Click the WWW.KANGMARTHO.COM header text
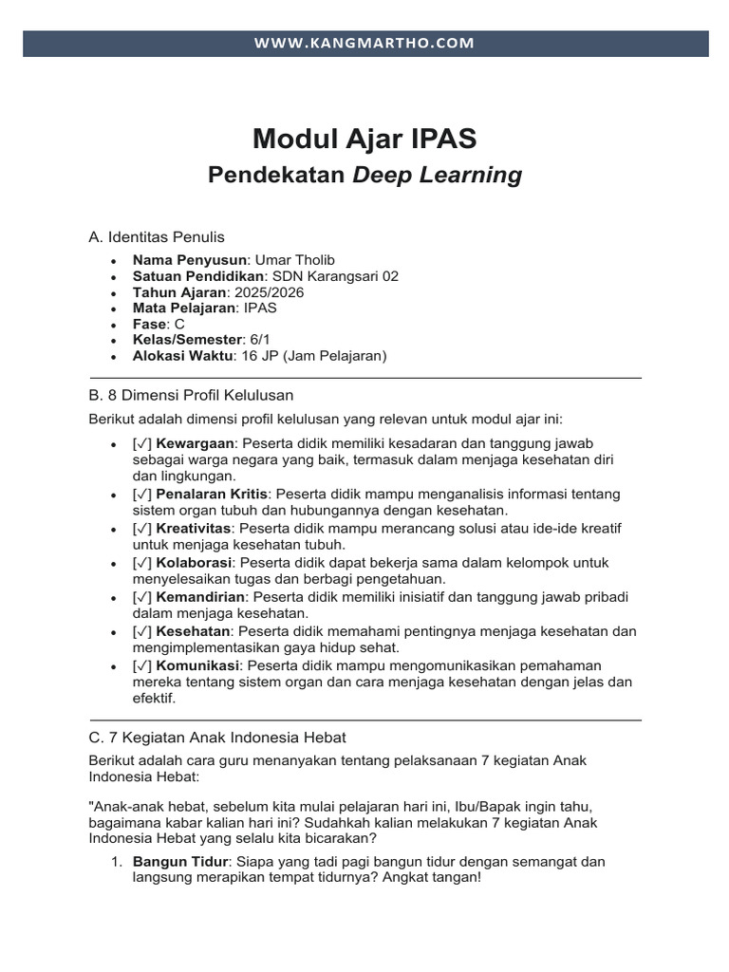pyautogui.click(x=364, y=44)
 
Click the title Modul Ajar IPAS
pyautogui.click(x=364, y=140)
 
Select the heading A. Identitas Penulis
pyautogui.click(x=157, y=236)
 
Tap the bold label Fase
pyautogui.click(x=150, y=325)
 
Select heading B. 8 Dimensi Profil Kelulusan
pyautogui.click(x=191, y=394)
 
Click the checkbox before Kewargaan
pyautogui.click(x=142, y=443)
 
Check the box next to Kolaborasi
pyautogui.click(x=142, y=563)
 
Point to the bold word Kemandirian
pyautogui.click(x=200, y=597)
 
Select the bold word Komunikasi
pyautogui.click(x=198, y=665)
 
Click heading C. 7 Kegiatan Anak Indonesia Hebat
pyautogui.click(x=217, y=737)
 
